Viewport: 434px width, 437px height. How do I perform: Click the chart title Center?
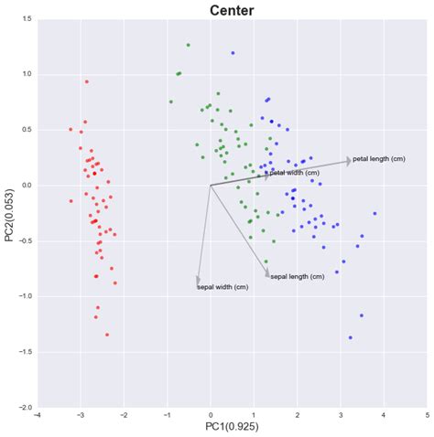tap(232, 11)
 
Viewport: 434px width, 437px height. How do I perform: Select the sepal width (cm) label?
tap(222, 287)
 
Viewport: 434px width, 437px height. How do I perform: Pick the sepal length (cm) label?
tap(298, 276)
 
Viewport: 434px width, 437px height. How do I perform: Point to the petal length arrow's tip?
tap(351, 160)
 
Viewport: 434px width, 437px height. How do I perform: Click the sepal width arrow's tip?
tap(198, 283)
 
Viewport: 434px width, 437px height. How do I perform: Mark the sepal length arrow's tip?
tap(268, 275)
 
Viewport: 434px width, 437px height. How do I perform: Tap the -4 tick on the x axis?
tap(37, 415)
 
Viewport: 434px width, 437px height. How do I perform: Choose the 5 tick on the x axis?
tap(427, 415)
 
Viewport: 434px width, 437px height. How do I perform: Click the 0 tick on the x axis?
tap(211, 415)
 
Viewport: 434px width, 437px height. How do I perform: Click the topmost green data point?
tap(188, 44)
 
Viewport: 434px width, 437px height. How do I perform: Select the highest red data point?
tap(86, 81)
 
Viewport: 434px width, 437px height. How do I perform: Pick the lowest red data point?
tap(106, 335)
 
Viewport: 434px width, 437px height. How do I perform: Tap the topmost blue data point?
tap(233, 53)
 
